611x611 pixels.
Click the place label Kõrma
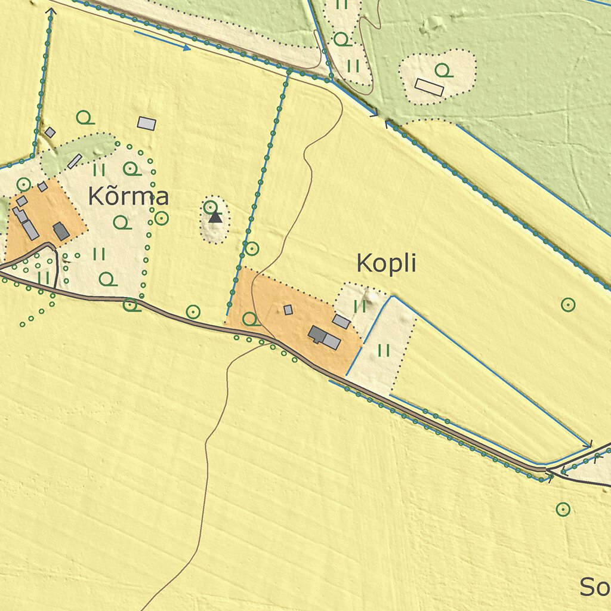click(128, 196)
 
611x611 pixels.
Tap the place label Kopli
click(385, 263)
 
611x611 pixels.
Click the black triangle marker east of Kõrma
click(215, 217)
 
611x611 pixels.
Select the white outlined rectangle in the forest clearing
click(429, 87)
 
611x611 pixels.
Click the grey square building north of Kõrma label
click(146, 124)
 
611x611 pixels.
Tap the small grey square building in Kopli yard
click(288, 310)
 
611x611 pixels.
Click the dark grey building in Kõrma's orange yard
click(61, 231)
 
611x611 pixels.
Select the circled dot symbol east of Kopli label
click(568, 305)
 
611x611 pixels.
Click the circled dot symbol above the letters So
click(563, 509)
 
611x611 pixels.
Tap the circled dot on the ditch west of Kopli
click(252, 248)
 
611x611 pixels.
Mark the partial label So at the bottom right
click(595, 587)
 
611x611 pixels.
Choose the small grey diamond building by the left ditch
click(50, 132)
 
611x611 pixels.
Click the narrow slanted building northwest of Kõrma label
click(75, 161)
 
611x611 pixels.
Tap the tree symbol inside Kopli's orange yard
click(250, 319)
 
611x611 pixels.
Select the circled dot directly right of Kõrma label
click(161, 218)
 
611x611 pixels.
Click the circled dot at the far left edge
click(23, 184)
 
